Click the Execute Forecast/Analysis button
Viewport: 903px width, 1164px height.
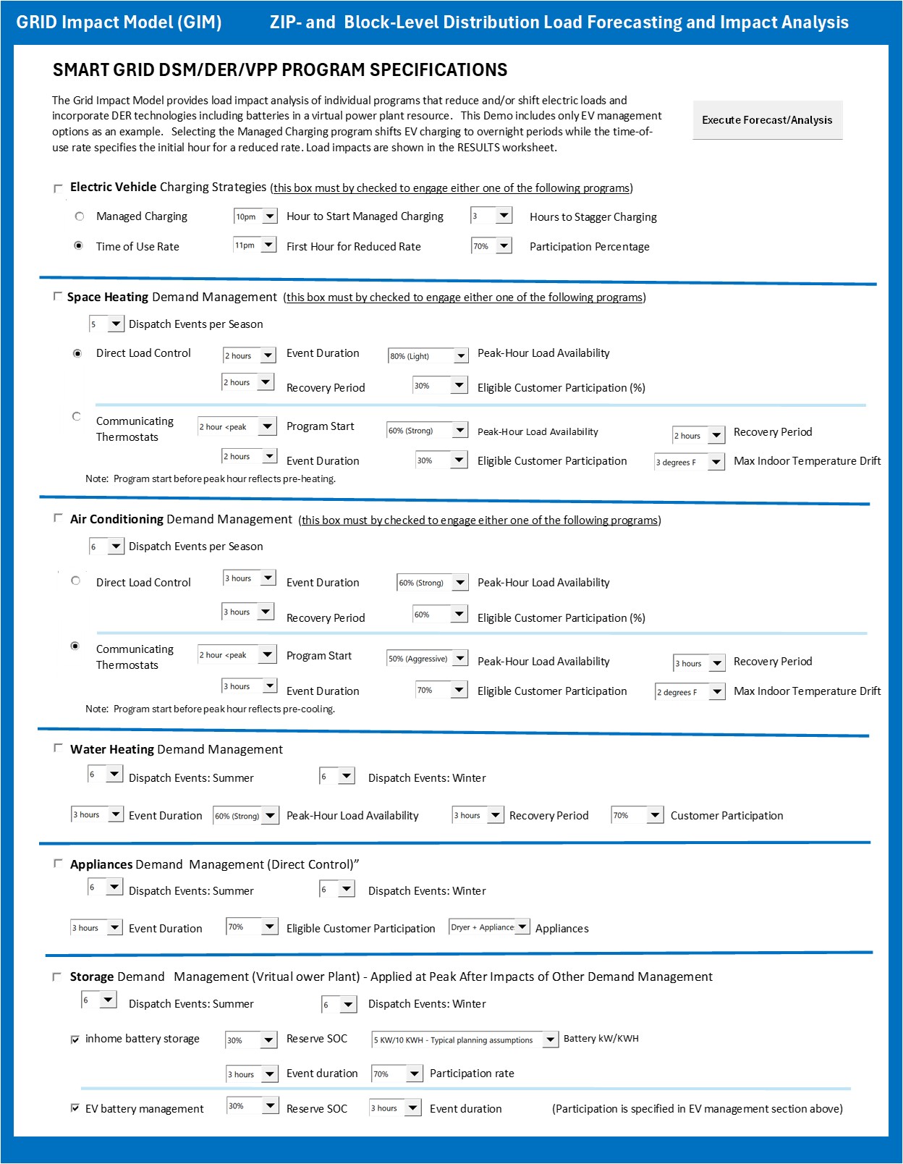tap(767, 120)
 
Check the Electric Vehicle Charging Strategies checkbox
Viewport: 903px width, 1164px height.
tap(58, 188)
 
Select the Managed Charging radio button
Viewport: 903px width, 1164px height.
tap(80, 216)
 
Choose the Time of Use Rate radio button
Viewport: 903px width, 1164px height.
tap(79, 246)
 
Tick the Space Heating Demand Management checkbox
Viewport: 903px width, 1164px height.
tap(57, 297)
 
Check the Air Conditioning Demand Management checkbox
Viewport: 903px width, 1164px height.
tap(58, 518)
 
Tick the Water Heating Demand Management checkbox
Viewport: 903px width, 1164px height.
tap(58, 748)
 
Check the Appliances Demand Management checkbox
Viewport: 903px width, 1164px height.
tap(58, 864)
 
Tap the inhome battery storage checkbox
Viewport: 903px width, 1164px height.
tap(75, 1039)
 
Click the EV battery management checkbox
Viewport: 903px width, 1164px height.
tap(75, 1108)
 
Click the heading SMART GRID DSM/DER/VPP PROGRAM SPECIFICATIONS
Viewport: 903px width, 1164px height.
tap(280, 70)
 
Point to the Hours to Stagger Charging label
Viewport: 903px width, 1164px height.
tap(593, 217)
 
